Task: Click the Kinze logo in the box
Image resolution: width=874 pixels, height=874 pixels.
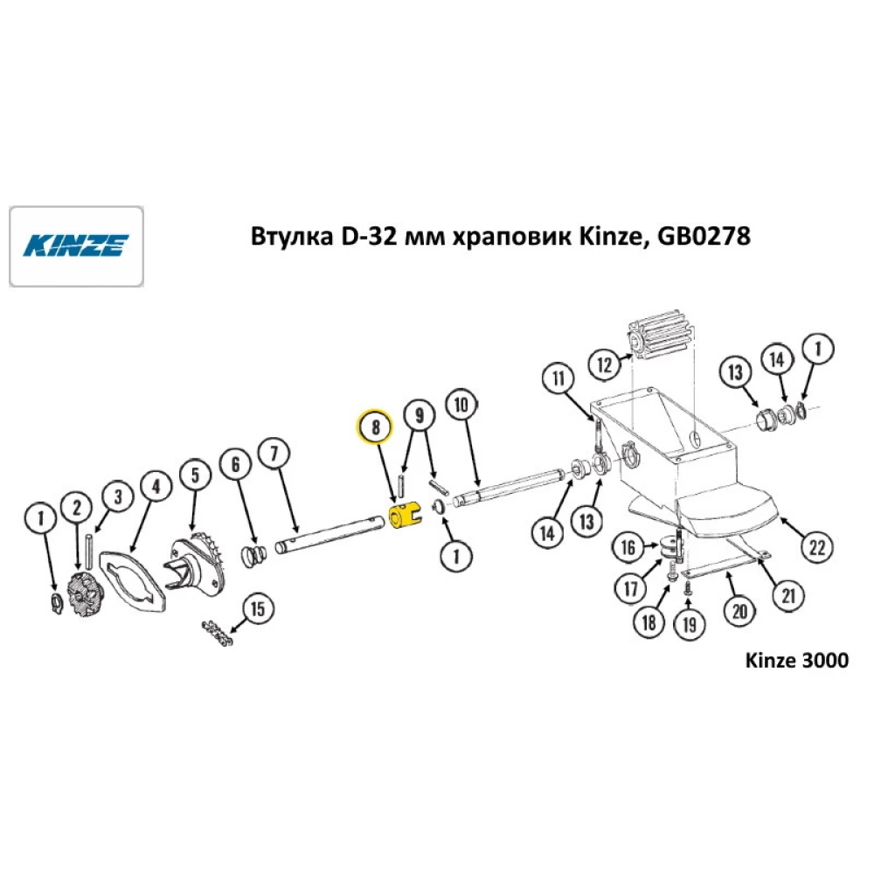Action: click(x=76, y=246)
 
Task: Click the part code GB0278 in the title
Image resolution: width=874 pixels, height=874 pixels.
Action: click(x=704, y=236)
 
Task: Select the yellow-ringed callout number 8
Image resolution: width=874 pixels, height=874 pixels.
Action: click(x=375, y=427)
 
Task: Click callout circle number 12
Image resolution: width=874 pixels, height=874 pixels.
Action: click(x=605, y=364)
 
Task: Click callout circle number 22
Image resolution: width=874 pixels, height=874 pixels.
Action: click(x=817, y=547)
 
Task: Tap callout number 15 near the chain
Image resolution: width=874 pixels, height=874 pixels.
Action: click(x=258, y=608)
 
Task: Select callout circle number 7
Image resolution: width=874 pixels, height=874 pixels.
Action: click(x=274, y=453)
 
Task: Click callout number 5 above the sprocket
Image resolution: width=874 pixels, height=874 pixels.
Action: click(x=195, y=475)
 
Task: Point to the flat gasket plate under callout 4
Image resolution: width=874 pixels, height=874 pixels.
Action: click(x=133, y=583)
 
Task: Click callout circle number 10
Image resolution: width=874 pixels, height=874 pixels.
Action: click(x=461, y=405)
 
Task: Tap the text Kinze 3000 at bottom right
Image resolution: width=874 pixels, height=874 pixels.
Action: click(x=796, y=660)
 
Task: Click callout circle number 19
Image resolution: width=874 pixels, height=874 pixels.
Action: click(x=690, y=624)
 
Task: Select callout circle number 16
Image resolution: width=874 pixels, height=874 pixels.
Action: click(x=628, y=547)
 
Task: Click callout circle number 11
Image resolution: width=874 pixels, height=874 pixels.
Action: click(x=558, y=378)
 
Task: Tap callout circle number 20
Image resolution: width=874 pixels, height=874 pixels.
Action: click(x=739, y=611)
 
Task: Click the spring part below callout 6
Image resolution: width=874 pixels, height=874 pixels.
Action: click(x=254, y=556)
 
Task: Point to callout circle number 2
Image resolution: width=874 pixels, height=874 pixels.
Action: click(x=77, y=507)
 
